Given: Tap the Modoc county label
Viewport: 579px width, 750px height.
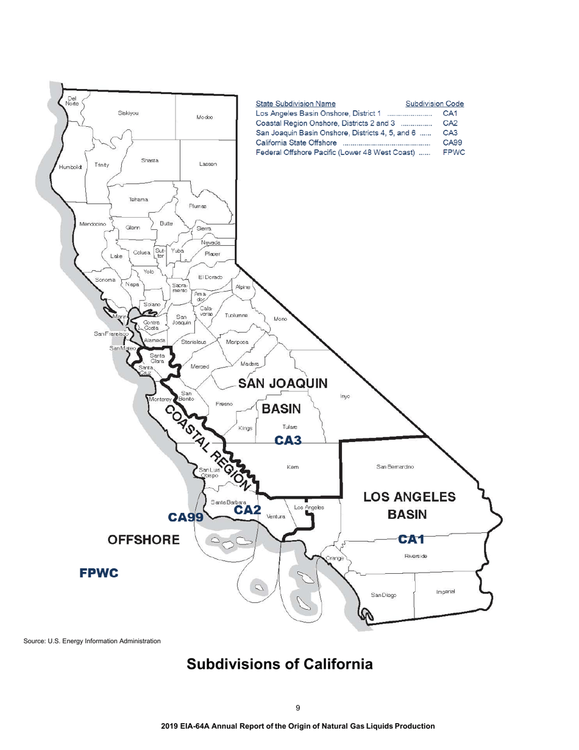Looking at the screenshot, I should click(x=204, y=117).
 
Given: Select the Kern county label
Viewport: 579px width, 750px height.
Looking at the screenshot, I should click(x=291, y=468).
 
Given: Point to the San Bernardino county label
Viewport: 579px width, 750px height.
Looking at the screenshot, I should click(x=396, y=467).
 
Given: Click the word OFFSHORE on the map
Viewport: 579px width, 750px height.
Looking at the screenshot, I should click(x=144, y=540).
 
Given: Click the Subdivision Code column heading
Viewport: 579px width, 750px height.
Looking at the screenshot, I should click(x=435, y=104).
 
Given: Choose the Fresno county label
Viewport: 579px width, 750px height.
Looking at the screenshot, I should click(x=223, y=404).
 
